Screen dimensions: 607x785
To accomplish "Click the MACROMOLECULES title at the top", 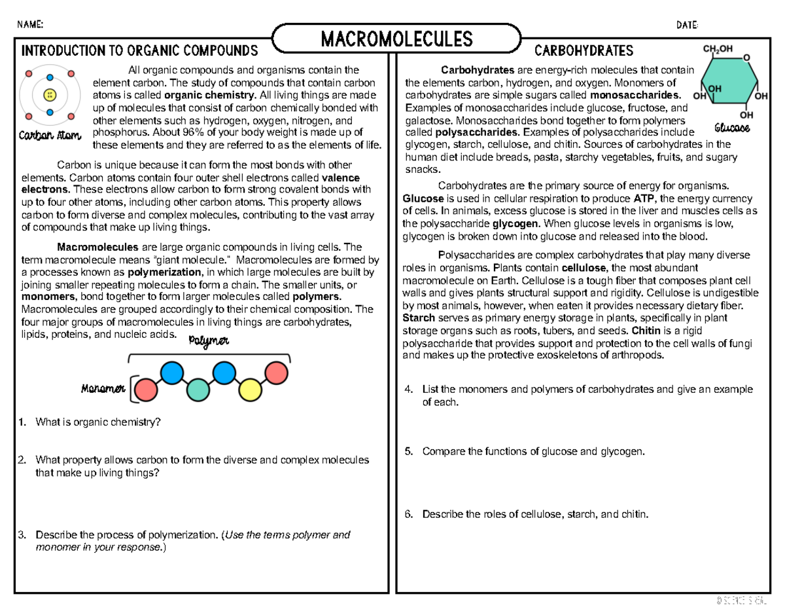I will [396, 39].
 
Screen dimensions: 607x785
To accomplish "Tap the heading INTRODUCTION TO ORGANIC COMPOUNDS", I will [140, 51].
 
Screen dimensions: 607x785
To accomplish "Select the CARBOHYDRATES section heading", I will [584, 50].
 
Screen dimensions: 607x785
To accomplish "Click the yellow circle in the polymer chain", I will [249, 390].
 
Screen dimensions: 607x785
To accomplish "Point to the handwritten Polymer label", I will [209, 342].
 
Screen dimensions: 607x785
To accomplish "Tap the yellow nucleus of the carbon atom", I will [49, 96].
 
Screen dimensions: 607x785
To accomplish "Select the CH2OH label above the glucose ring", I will [717, 48].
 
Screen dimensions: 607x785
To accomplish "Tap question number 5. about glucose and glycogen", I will [409, 451].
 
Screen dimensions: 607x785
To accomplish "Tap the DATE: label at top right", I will [687, 25].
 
